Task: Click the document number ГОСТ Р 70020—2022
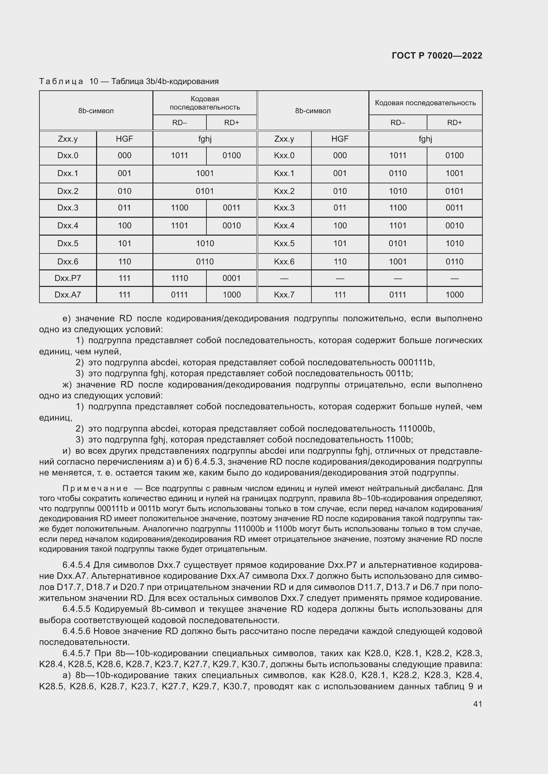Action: tap(437, 56)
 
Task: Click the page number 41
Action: tap(477, 704)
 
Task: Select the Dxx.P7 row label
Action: tap(68, 278)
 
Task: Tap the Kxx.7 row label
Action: tap(284, 295)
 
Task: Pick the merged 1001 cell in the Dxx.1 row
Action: tap(205, 173)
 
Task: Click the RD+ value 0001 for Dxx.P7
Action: tap(232, 278)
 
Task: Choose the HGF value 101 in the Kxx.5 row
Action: tap(340, 244)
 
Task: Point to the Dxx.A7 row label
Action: tap(68, 295)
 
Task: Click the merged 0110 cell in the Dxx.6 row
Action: tap(205, 262)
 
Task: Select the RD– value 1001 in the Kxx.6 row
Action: tap(398, 262)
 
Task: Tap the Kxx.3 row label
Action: tap(284, 208)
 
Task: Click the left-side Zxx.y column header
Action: tap(68, 139)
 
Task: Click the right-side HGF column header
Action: tap(340, 139)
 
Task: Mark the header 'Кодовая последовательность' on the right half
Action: tap(425, 103)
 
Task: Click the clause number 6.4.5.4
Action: tap(76, 565)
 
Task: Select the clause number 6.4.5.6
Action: tap(76, 631)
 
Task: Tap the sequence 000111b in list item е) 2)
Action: tap(415, 362)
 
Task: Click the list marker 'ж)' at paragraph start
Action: tap(67, 385)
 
